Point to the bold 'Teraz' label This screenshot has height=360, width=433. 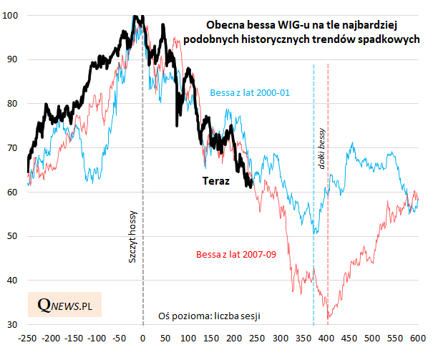tap(215, 181)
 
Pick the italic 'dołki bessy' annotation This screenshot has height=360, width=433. tap(321, 154)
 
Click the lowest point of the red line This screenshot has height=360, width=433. tap(328, 318)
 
